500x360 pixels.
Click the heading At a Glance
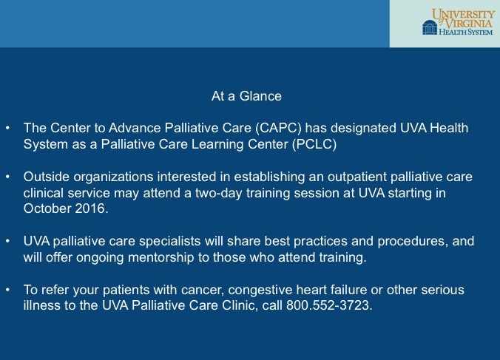[x=246, y=96]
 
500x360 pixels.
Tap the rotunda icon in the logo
[x=430, y=27]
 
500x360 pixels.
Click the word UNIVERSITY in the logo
[x=463, y=14]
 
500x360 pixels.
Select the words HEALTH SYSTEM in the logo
[x=465, y=32]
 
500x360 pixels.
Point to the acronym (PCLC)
[x=314, y=144]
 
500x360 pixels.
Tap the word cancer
[x=203, y=291]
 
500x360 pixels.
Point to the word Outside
[x=47, y=177]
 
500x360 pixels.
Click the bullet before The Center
[x=7, y=128]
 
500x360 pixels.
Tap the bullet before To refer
[x=7, y=290]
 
